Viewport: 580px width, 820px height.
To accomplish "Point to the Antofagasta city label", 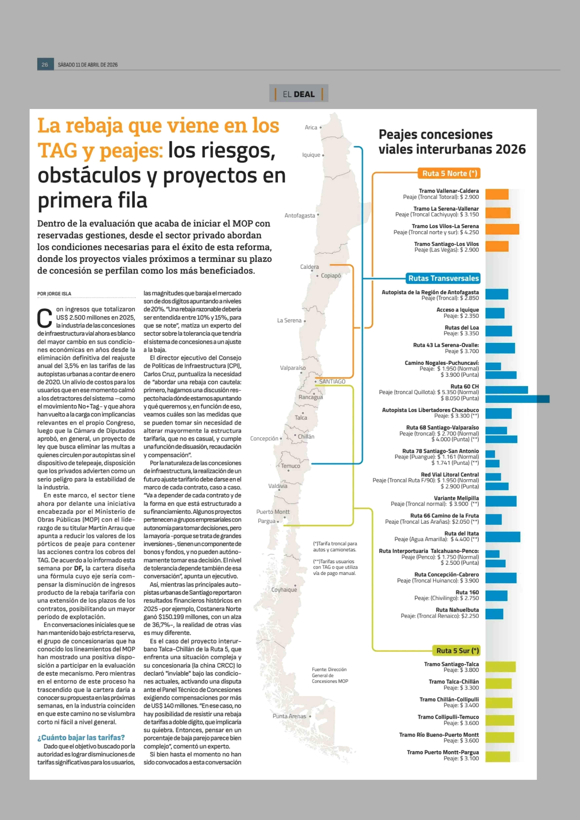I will pyautogui.click(x=300, y=216).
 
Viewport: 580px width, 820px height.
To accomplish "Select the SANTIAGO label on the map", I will pyautogui.click(x=332, y=382).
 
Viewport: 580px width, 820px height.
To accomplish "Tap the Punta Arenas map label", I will pyautogui.click(x=289, y=716).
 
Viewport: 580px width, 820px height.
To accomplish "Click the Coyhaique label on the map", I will pyautogui.click(x=284, y=590).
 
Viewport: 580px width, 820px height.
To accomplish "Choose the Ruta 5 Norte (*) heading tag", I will pyautogui.click(x=449, y=173).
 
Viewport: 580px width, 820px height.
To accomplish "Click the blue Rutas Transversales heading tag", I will pyautogui.click(x=443, y=278).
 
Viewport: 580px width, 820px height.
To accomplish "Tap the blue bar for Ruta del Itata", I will pyautogui.click(x=502, y=537).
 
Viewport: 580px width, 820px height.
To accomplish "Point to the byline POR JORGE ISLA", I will pyautogui.click(x=54, y=294).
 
